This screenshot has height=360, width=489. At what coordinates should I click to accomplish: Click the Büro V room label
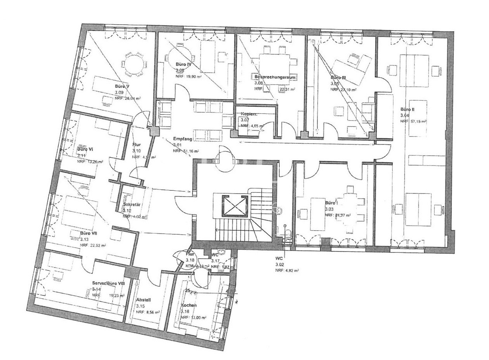click(122, 86)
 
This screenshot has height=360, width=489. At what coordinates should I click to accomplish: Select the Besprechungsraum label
click(275, 77)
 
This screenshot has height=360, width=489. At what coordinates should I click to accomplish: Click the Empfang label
click(182, 139)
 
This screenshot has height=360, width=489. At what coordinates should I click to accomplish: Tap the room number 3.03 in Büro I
click(330, 209)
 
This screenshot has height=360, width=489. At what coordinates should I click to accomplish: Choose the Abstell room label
click(143, 300)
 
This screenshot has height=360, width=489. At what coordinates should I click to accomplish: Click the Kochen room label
click(188, 305)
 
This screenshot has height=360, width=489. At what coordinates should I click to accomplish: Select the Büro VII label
click(89, 233)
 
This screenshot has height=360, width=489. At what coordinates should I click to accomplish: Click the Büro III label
click(338, 78)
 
